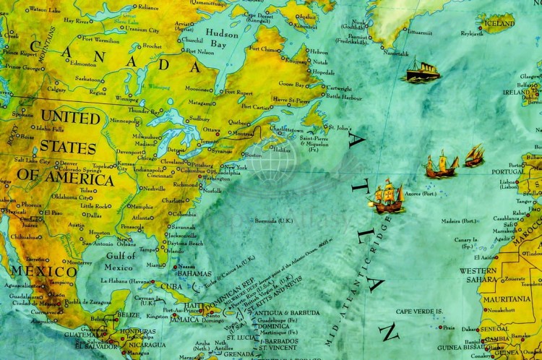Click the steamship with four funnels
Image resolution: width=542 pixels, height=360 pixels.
click(x=423, y=71)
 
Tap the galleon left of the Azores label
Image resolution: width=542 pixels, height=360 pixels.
click(x=387, y=197)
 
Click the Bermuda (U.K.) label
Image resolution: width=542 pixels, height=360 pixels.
click(x=273, y=220)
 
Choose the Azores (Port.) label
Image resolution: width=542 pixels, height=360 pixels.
click(x=420, y=194)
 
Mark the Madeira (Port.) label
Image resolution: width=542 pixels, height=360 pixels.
click(x=459, y=220)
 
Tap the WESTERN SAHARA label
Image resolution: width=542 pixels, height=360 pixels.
click(x=478, y=275)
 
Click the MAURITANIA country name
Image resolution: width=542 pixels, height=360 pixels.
click(x=507, y=299)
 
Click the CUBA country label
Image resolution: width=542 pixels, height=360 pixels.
click(x=172, y=286)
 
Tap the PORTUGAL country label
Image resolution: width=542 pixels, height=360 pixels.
click(x=508, y=172)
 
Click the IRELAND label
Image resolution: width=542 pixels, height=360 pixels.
click(x=516, y=93)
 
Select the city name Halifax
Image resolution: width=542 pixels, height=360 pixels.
click(x=282, y=150)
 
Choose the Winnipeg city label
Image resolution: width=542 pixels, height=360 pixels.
click(x=128, y=98)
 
